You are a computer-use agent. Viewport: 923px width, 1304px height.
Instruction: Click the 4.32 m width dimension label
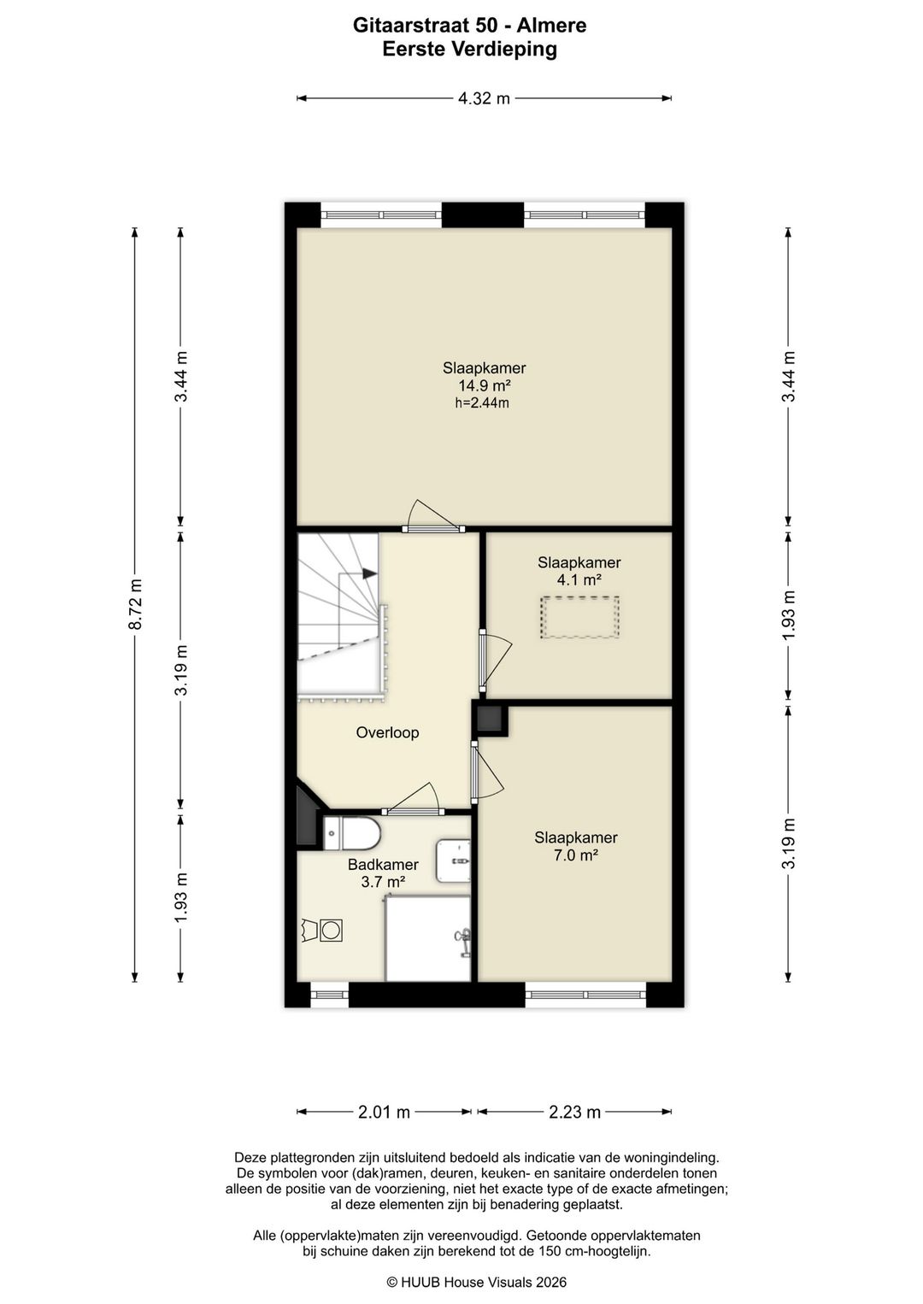point(484,98)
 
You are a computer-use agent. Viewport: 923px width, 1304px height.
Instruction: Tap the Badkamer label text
point(383,865)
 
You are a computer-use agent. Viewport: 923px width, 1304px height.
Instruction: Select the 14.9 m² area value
point(485,385)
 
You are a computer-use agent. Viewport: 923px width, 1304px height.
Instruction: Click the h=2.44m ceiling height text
point(482,402)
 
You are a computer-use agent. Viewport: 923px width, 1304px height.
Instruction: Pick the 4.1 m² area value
point(579,580)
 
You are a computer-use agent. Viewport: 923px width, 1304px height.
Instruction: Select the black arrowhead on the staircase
point(369,573)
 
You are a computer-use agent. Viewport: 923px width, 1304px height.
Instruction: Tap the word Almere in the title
point(550,26)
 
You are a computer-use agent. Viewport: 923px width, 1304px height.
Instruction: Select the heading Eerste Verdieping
point(469,50)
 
